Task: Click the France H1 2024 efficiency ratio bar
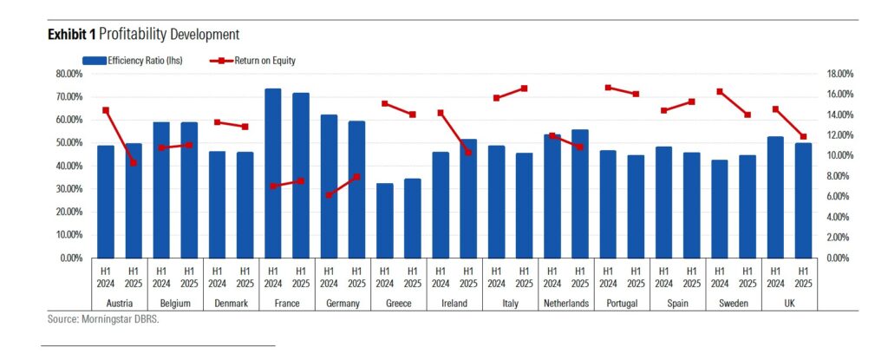(272, 173)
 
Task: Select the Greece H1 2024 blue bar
(384, 220)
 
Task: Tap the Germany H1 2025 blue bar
(356, 189)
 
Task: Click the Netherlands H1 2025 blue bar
(580, 193)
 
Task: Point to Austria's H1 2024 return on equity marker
(106, 110)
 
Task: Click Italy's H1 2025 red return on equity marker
(525, 88)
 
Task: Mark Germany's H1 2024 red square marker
(329, 195)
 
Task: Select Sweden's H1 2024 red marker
(720, 91)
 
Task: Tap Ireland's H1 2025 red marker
(468, 152)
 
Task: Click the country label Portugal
(622, 304)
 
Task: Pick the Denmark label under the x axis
(231, 304)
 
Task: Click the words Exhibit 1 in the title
(71, 34)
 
